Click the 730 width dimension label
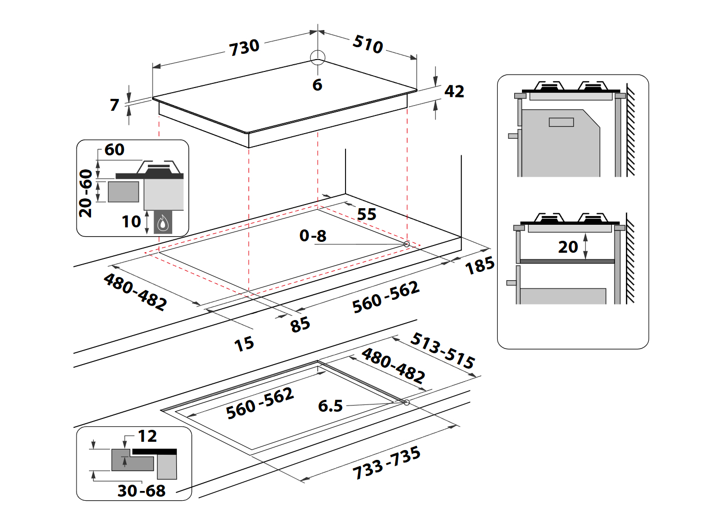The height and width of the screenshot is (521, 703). pyautogui.click(x=244, y=47)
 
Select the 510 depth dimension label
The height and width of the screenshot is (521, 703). pyautogui.click(x=368, y=44)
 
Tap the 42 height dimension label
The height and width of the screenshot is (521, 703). pyautogui.click(x=454, y=92)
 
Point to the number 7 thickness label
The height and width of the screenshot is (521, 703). pyautogui.click(x=115, y=105)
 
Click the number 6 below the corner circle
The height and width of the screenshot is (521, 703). pyautogui.click(x=317, y=85)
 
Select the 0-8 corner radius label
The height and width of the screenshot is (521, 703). pyautogui.click(x=313, y=236)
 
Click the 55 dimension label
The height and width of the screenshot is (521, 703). pyautogui.click(x=367, y=214)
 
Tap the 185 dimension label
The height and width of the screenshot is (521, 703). pyautogui.click(x=480, y=266)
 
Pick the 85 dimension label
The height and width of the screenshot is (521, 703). pyautogui.click(x=300, y=325)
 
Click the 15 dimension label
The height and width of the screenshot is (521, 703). pyautogui.click(x=244, y=344)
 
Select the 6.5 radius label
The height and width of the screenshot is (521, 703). pyautogui.click(x=330, y=406)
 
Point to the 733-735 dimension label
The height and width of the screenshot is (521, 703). pyautogui.click(x=386, y=463)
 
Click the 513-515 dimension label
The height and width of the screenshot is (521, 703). pyautogui.click(x=442, y=351)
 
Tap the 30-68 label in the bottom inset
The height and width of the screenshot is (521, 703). pyautogui.click(x=141, y=490)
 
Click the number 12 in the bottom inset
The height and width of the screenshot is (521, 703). pyautogui.click(x=147, y=436)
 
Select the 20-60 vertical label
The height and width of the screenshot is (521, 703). pyautogui.click(x=86, y=193)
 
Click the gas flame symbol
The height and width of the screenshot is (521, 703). pyautogui.click(x=163, y=223)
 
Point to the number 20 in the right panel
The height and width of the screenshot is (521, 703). pyautogui.click(x=568, y=247)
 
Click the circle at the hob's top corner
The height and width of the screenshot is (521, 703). pyautogui.click(x=318, y=57)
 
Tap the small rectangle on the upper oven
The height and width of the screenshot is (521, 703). pyautogui.click(x=561, y=122)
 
